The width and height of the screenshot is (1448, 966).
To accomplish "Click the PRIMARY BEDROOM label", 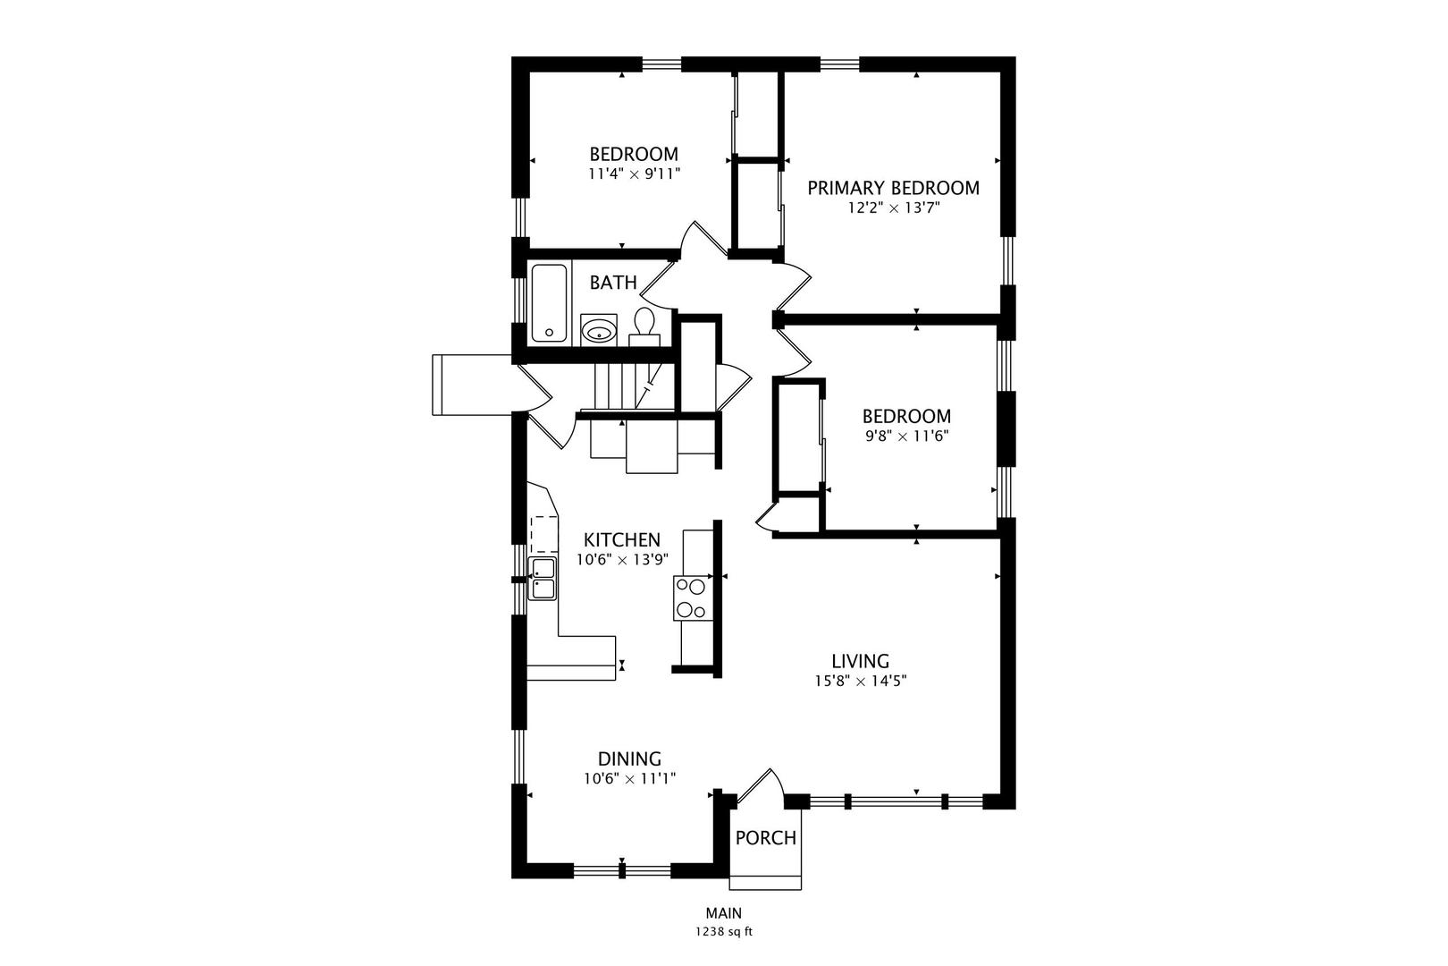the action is point(893,189).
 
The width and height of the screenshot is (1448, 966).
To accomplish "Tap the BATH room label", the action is point(613,283).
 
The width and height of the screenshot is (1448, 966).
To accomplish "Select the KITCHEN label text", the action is point(622,539).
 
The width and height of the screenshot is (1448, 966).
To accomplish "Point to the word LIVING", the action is point(861,661).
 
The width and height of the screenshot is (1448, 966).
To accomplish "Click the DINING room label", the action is point(629,758).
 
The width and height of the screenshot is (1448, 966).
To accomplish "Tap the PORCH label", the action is point(766,838).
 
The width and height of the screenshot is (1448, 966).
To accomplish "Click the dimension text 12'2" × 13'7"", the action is point(893,208).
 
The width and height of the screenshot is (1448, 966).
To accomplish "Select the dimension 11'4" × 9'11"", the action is point(634,174).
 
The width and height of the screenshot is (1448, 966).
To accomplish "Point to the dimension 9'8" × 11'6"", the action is point(907,436).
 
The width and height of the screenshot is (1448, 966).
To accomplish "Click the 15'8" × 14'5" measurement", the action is point(861,681).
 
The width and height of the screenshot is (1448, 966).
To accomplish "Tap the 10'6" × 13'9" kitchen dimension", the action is point(622,560).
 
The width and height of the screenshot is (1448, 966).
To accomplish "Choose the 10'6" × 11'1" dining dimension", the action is point(629,778).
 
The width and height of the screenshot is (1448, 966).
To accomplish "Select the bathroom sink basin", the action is point(599,331).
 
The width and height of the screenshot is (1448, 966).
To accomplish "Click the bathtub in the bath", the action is point(550,303).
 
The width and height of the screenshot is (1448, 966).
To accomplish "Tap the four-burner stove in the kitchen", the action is point(693,598).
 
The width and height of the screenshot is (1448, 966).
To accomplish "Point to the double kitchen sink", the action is point(543,579).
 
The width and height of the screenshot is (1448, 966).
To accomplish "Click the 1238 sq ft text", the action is point(724,932).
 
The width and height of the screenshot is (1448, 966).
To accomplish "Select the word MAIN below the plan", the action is point(724,913).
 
